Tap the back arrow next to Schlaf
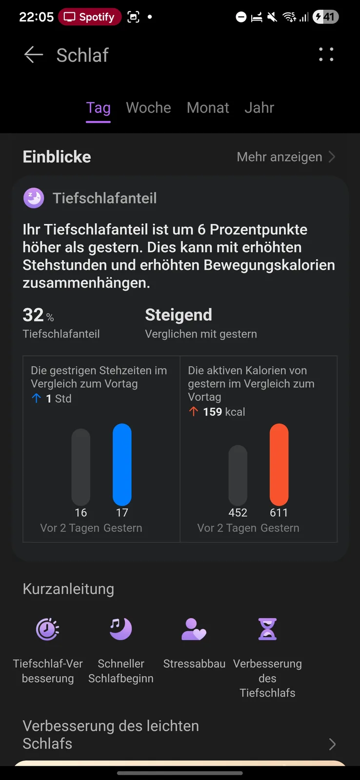coord(34,55)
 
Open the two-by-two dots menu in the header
coord(326,55)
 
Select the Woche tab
coord(148,108)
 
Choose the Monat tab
coord(208,108)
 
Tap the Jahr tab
coord(259,108)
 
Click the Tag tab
coord(99,108)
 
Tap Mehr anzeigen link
coord(286,157)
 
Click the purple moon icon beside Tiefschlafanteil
coord(34,198)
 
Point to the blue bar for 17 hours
coord(122,464)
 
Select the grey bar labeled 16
coord(81,467)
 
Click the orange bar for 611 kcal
coord(279,464)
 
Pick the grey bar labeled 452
coord(238,475)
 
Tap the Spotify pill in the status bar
coord(90,17)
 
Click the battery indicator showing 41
coord(325,17)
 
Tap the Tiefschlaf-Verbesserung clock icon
coord(48,629)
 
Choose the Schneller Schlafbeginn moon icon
coord(120,629)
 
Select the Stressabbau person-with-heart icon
coord(194,629)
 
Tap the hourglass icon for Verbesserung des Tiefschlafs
coord(267,629)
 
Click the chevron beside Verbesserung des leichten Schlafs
coord(332,744)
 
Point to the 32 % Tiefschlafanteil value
coord(38,315)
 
